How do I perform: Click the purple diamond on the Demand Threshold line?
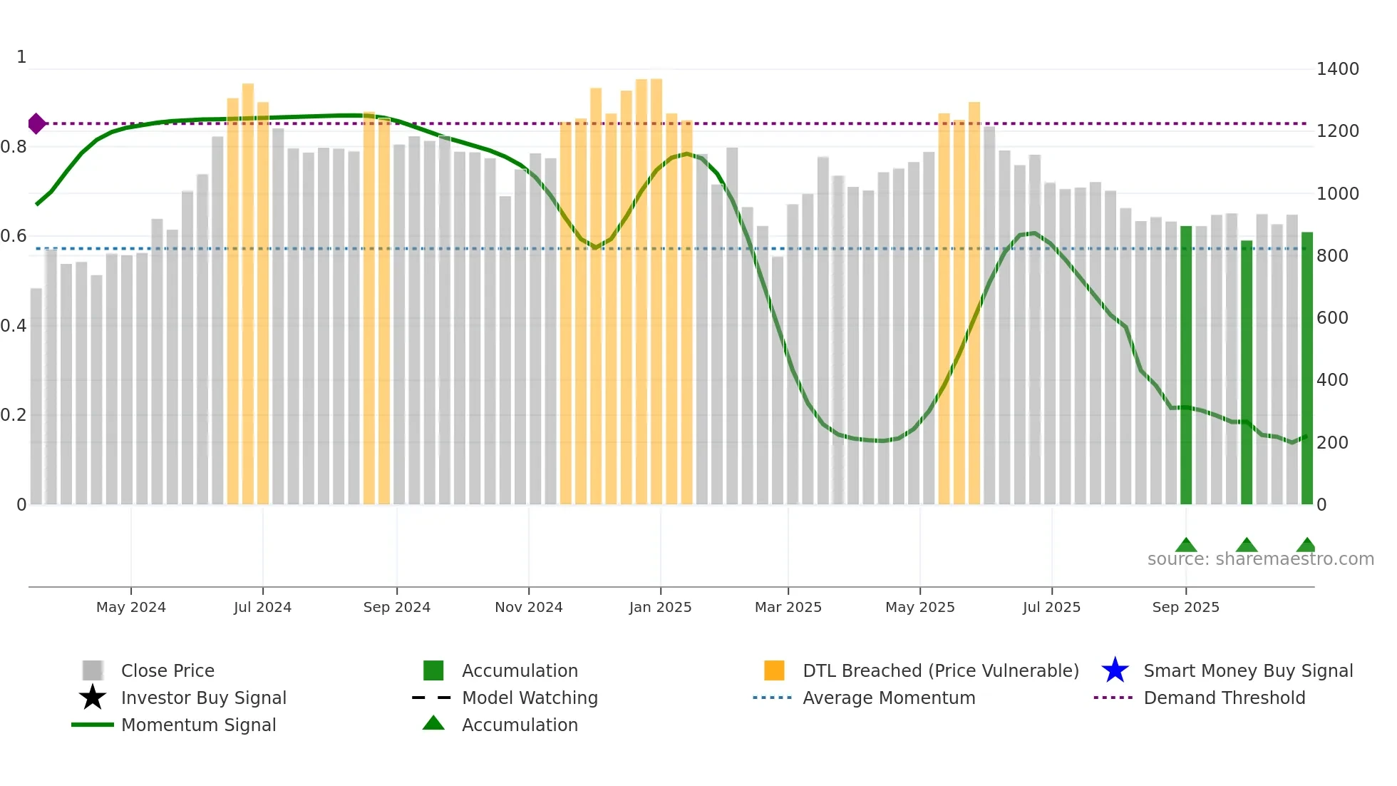coord(36,123)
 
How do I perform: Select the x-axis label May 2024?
coord(130,607)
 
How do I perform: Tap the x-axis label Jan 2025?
coord(660,607)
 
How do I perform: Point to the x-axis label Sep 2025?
coord(1185,607)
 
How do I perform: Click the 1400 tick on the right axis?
coord(1337,69)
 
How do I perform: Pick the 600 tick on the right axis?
coord(1332,318)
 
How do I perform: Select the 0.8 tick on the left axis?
coord(14,147)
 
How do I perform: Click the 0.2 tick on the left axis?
coord(14,415)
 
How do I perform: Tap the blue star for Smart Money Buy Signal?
coord(1115,670)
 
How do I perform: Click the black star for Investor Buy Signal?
coord(93,698)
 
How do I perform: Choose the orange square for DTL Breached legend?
coord(774,670)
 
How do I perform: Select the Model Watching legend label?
coord(530,698)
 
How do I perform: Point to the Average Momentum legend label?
coord(889,698)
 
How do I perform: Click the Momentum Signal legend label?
coord(198,725)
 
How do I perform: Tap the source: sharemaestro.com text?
coord(1260,559)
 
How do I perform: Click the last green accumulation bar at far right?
coord(1306,367)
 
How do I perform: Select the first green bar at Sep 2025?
coord(1186,364)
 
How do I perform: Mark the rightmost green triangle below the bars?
coord(1306,545)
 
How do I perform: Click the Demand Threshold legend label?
coord(1224,698)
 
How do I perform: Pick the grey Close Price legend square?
coord(93,670)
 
